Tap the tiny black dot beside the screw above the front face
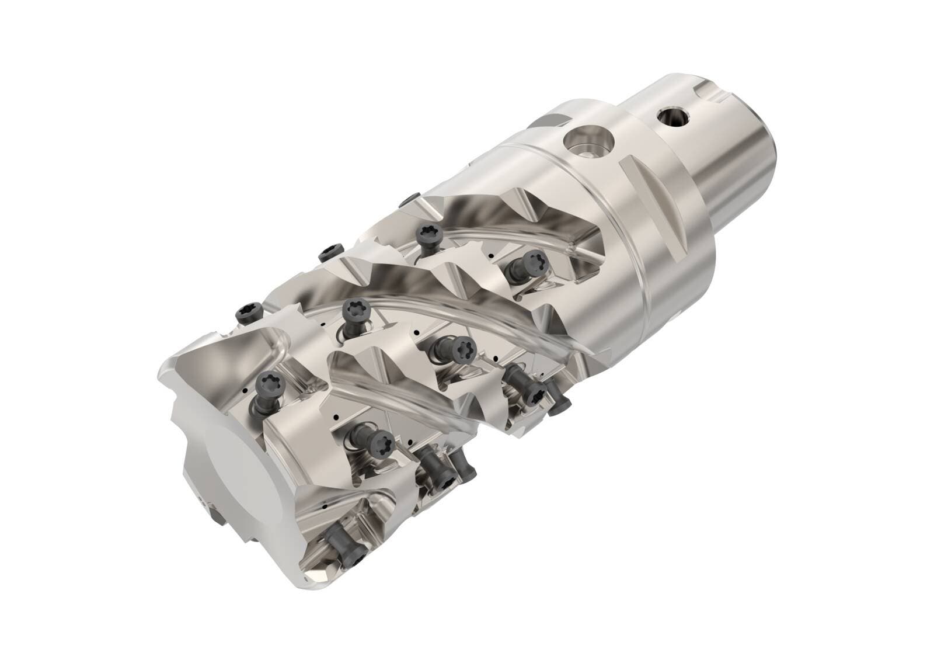[x=246, y=391]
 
